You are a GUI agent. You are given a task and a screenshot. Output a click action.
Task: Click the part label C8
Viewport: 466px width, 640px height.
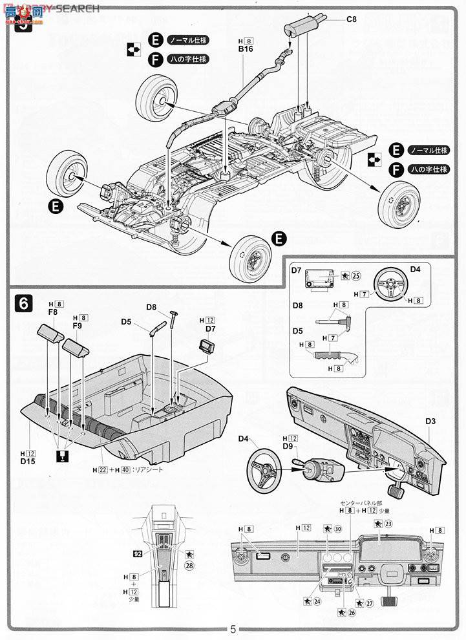coord(351,19)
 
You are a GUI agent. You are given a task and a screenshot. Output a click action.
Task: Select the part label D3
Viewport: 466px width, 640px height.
coord(430,421)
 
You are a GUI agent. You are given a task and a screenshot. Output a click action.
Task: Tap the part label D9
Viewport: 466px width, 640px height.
coord(288,447)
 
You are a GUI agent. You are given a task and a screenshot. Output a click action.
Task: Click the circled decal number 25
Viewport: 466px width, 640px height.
coord(356,275)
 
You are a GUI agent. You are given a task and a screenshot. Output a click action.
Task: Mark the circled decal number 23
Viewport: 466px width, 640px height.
coord(388,524)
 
